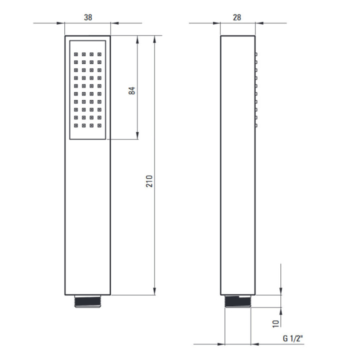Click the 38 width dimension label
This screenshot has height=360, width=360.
coord(88,17)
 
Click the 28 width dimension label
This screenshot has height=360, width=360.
coord(237,17)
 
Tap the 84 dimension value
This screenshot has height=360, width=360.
coord(132,90)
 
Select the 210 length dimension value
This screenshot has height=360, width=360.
coord(149,181)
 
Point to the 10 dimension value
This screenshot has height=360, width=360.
coord(275,323)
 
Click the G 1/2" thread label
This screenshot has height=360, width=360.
coord(292,338)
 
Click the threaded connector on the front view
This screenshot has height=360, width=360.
coord(88,301)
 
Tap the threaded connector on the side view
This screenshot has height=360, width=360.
coord(238,301)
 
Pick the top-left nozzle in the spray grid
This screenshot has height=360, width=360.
coord(76,54)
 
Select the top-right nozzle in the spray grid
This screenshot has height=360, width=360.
coord(99,54)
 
